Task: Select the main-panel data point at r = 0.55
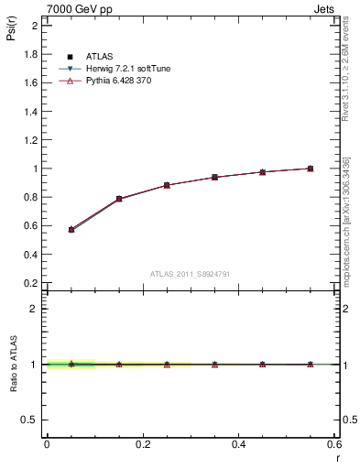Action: click(311, 169)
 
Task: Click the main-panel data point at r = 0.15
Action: click(119, 199)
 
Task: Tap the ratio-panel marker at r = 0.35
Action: click(214, 365)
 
